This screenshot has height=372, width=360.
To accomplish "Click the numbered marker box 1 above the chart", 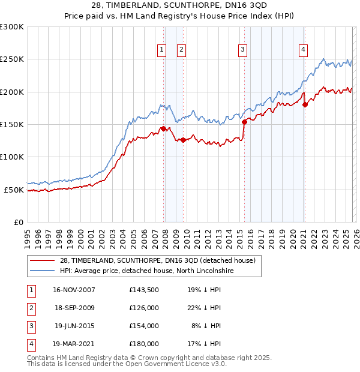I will coord(162,50).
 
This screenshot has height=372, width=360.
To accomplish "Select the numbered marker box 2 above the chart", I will coord(181,50).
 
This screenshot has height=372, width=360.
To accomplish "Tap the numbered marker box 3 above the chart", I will coord(242,50).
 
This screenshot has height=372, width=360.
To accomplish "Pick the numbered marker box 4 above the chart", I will coord(304,50).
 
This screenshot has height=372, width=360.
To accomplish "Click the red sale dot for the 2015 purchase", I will coord(244,122).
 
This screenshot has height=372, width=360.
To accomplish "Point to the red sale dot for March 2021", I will coord(305,104).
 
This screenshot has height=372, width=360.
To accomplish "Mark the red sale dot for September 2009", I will coord(183,140).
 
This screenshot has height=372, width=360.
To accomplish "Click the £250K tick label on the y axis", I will coord(12,59).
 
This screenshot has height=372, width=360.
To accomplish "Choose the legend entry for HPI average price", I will coord(148,271).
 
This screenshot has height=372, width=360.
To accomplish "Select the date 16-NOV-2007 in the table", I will coord(74,290).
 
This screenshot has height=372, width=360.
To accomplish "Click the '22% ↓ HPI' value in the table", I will coord(203,308).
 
